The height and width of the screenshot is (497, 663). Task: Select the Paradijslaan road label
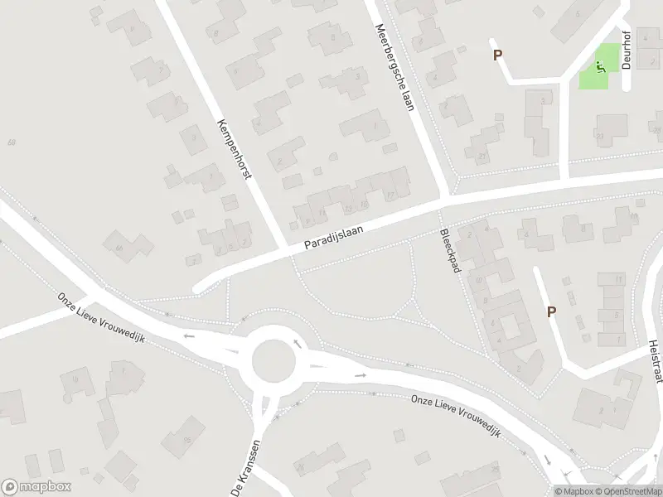tap(334, 239)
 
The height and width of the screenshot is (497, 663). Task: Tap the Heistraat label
tap(654, 361)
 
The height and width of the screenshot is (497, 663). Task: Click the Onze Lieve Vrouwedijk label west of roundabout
tap(101, 319)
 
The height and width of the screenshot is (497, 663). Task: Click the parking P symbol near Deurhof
tap(498, 55)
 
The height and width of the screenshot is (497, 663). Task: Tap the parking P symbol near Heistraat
tap(551, 311)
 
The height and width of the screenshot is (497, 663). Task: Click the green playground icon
tap(599, 66)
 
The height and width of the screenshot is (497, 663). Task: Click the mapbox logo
tap(36, 487)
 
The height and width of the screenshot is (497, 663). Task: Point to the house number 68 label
tap(12, 142)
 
